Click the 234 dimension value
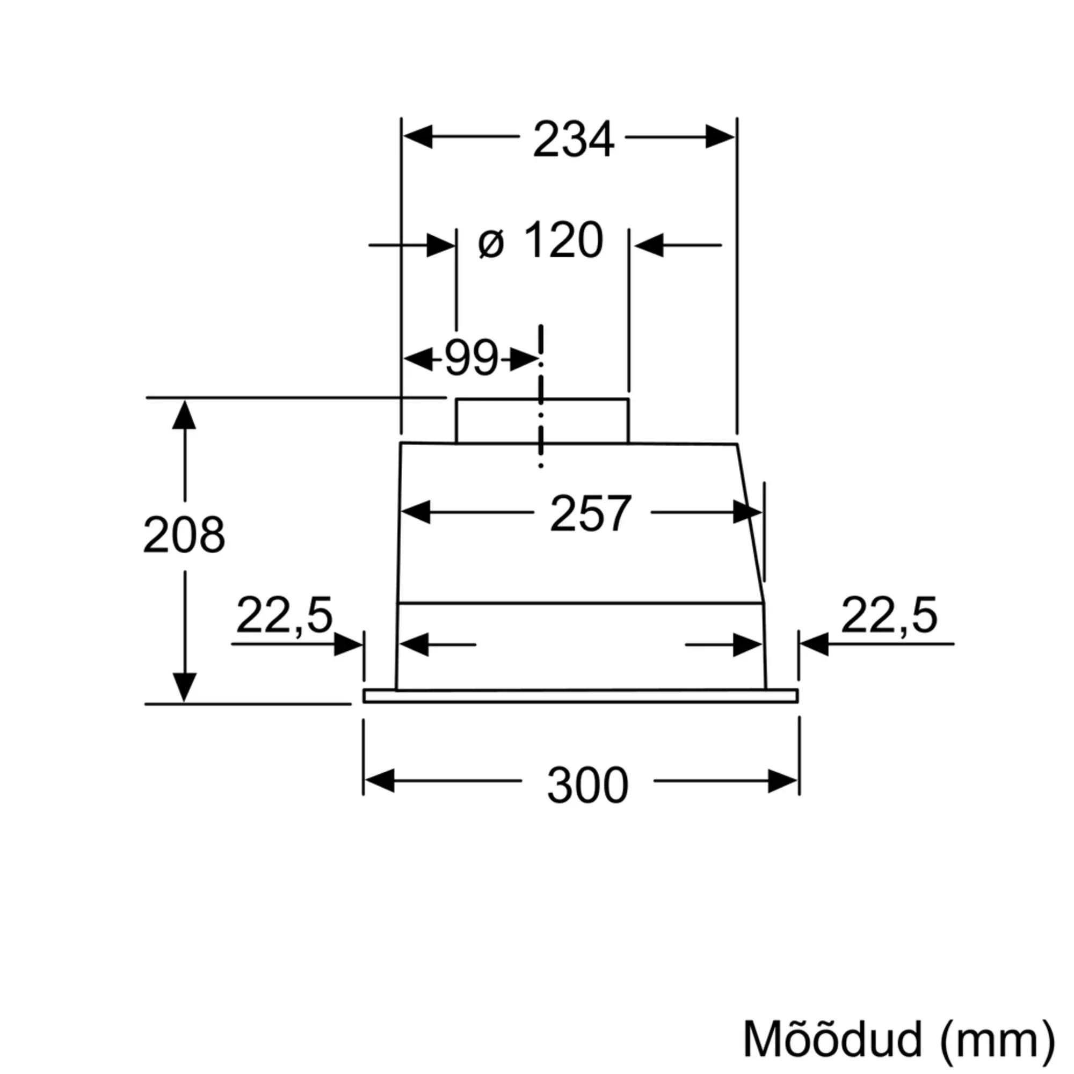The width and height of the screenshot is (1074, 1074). (573, 139)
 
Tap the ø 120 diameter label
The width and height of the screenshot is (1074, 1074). (540, 241)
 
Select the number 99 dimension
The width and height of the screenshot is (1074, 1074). (471, 358)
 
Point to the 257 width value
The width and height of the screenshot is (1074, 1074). (590, 513)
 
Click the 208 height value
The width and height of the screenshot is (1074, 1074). (184, 535)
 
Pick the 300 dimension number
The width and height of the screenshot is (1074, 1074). (587, 785)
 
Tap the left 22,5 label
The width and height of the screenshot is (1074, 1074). (284, 616)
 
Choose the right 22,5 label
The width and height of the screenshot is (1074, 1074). (889, 616)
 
